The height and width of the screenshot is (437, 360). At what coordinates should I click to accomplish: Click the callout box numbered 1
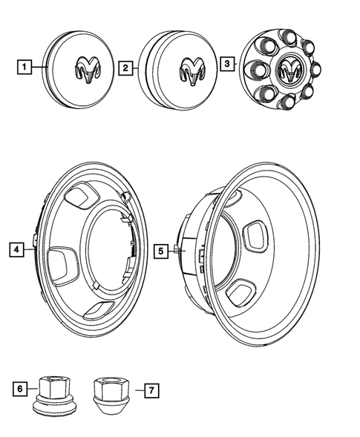tap(25, 69)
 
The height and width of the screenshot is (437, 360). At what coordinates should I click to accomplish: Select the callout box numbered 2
tap(126, 68)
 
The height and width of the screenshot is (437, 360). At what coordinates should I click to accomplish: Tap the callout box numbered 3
tap(226, 65)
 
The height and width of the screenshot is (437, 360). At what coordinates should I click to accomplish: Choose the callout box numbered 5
tap(161, 251)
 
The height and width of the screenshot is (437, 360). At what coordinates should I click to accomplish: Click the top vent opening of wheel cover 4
tap(81, 196)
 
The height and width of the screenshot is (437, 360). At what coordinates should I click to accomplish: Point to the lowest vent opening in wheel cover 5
tap(241, 292)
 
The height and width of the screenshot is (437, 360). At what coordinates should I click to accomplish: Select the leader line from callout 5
tap(175, 251)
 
